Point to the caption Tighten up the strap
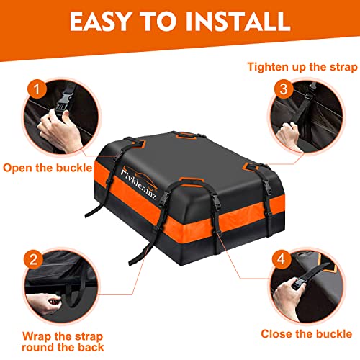302,67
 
